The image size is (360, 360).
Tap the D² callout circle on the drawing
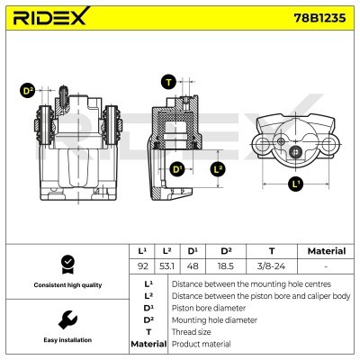[28, 91]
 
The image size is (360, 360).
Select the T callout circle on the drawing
[168, 82]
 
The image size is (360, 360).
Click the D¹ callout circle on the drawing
[176, 169]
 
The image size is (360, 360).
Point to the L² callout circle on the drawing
[217, 169]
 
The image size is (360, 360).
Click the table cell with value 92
[142, 267]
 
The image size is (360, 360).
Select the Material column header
[327, 251]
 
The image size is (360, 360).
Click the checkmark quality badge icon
[67, 264]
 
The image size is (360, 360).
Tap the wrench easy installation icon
[67, 319]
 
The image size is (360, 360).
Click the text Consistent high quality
[67, 284]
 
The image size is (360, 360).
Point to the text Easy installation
[67, 341]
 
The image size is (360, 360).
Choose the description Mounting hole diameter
[216, 319]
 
